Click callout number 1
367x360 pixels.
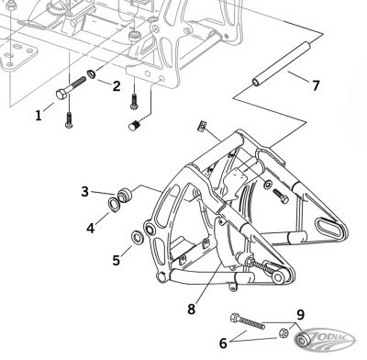coord(39,115)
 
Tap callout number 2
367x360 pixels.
coord(117,86)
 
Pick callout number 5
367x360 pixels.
coord(116,260)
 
